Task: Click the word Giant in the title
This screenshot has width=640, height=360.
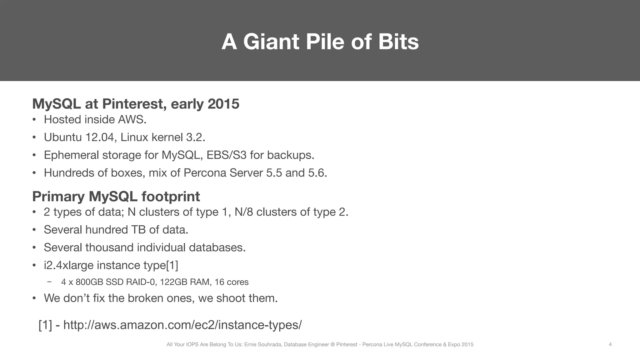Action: (271, 42)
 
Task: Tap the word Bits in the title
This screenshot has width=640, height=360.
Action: (398, 42)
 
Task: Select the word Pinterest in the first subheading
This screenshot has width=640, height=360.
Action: (134, 104)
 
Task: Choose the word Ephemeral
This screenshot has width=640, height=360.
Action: (71, 155)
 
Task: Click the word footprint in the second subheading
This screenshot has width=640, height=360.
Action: (171, 197)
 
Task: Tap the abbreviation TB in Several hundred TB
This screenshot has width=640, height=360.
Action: (138, 230)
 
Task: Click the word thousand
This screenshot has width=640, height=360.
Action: (109, 247)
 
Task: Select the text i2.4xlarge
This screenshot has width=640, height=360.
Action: (69, 265)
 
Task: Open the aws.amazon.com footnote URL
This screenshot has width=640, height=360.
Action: (182, 325)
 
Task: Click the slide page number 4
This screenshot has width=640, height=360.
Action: (610, 344)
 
